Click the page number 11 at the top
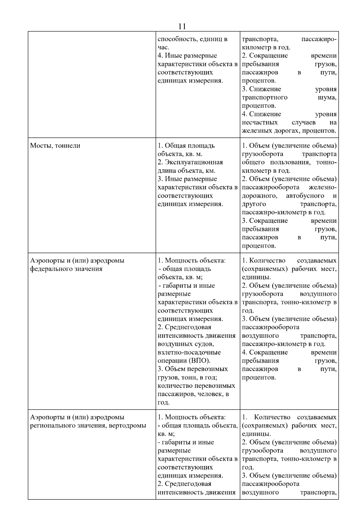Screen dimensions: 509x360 click(x=182, y=26)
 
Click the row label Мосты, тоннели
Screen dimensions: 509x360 click(x=55, y=146)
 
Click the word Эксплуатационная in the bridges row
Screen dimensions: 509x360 click(x=194, y=162)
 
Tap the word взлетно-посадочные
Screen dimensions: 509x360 click(x=189, y=352)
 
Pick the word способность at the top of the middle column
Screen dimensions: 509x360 click(x=176, y=39)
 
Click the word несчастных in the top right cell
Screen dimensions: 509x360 click(x=259, y=122)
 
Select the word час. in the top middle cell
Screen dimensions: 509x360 click(x=163, y=47)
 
